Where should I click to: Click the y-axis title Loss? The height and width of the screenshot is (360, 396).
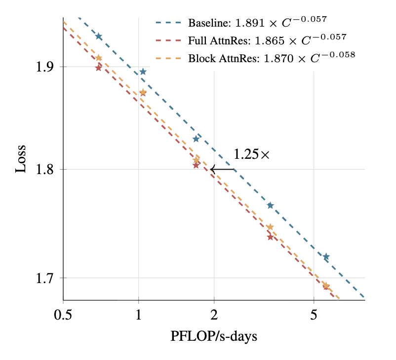click(x=21, y=158)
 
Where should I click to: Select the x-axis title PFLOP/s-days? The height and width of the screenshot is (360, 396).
click(x=214, y=337)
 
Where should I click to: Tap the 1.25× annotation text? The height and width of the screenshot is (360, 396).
click(x=251, y=154)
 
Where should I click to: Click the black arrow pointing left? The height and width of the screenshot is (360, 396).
click(x=223, y=169)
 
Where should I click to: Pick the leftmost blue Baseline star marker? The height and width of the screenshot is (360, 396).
click(x=99, y=36)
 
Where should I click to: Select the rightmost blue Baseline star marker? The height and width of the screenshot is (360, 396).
click(x=326, y=256)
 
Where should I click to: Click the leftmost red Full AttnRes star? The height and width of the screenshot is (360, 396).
click(x=98, y=68)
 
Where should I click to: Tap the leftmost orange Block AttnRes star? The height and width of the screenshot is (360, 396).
click(x=99, y=58)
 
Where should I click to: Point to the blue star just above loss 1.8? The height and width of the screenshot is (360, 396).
click(x=196, y=139)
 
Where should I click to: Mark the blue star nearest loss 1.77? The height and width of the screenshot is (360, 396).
click(x=270, y=205)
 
